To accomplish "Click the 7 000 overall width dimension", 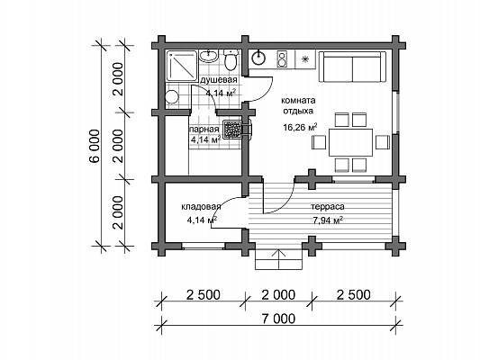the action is click(278, 319).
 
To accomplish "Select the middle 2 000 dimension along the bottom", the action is click(278, 295).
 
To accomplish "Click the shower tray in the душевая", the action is click(182, 66).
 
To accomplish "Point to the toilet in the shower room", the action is click(231, 59).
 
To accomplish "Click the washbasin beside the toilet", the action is click(209, 56).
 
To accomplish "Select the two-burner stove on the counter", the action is click(282, 59).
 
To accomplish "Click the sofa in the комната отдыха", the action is click(352, 67).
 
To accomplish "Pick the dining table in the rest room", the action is click(351, 142).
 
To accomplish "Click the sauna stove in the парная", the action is click(233, 129).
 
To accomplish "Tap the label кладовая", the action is click(201, 206).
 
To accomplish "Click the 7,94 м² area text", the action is click(328, 220).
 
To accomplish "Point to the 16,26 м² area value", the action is click(300, 127).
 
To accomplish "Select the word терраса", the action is click(328, 207).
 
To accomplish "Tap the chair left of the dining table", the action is click(319, 142).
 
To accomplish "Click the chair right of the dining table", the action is click(383, 142).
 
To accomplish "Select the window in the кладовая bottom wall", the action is click(204, 247).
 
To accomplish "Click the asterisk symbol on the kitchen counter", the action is click(305, 59).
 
